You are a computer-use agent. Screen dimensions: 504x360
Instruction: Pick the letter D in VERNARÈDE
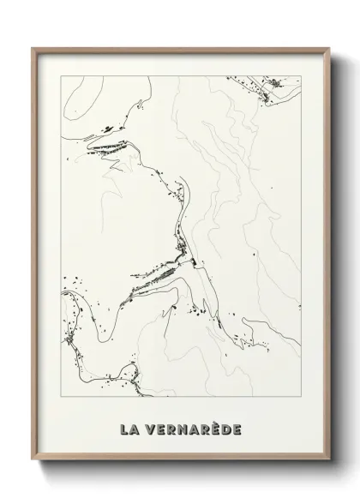pos(226,426)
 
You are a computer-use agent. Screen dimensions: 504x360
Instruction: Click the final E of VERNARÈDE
pos(239,426)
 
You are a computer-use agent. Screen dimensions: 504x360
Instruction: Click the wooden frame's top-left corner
pos(33,48)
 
